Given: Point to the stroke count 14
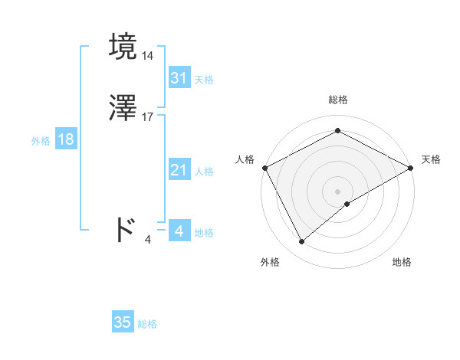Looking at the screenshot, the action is click(x=147, y=56).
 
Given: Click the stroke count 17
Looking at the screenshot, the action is click(x=148, y=116).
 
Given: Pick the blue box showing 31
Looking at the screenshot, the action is click(x=179, y=78).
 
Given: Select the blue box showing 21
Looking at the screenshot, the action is click(x=179, y=171).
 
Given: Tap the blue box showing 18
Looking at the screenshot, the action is click(x=65, y=139).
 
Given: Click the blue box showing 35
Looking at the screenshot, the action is click(x=123, y=322).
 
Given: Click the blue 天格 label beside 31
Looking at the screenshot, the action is click(x=204, y=80).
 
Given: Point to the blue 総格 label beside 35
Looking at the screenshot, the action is click(x=147, y=324).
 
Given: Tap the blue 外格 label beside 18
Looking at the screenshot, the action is click(x=41, y=141).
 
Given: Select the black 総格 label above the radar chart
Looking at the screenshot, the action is click(x=337, y=100).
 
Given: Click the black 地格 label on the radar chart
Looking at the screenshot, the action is click(x=402, y=262).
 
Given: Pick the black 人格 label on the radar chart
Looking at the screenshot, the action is click(x=245, y=159).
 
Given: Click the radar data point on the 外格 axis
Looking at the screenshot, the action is click(x=301, y=241).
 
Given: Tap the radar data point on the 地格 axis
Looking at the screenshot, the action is click(x=347, y=204).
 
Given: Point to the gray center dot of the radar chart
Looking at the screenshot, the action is click(x=337, y=191).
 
